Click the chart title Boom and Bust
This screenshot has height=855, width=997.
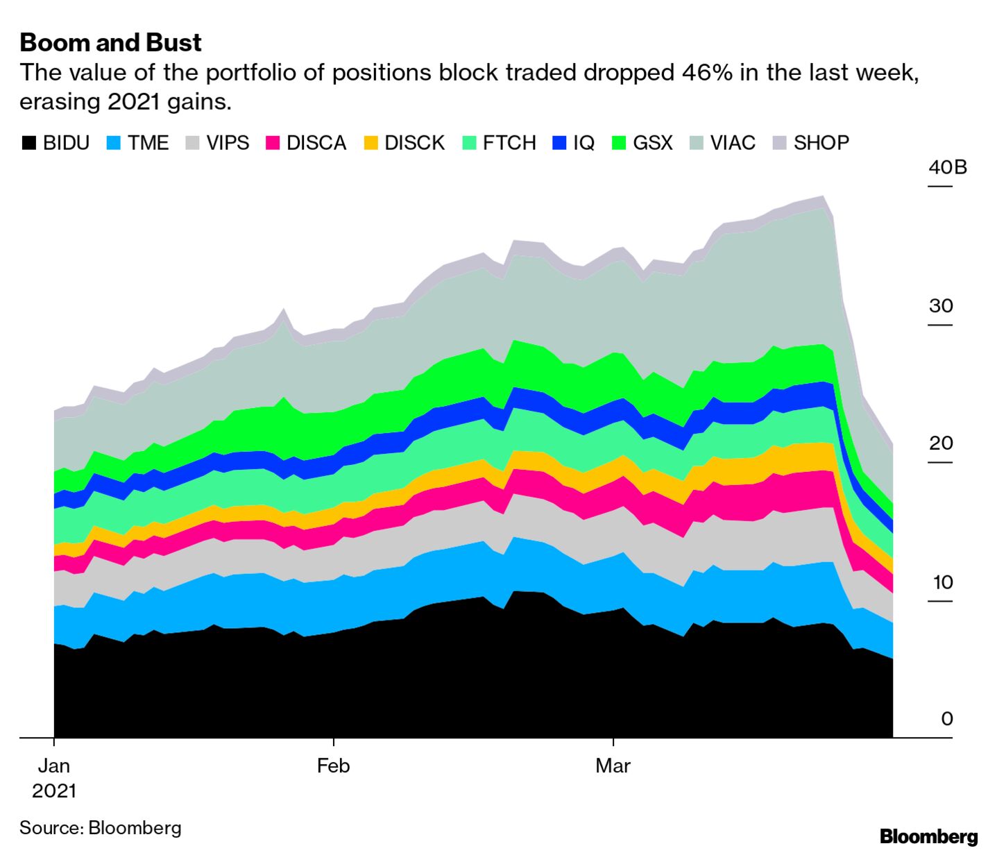(110, 43)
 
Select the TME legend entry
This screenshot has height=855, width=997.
(138, 143)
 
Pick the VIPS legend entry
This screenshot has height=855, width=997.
(218, 143)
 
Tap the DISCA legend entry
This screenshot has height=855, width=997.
(307, 143)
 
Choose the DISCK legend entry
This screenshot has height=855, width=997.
(405, 143)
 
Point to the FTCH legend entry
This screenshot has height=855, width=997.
(500, 143)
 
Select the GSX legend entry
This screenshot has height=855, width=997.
(643, 143)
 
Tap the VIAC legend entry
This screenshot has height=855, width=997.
(723, 143)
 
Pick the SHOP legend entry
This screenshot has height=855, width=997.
(811, 143)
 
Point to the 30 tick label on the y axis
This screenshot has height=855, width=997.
(941, 305)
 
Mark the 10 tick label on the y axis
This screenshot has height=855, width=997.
(942, 582)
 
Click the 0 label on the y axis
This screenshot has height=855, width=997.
(947, 718)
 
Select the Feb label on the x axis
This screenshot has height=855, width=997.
(333, 766)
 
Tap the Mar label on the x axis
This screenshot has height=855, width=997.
(613, 766)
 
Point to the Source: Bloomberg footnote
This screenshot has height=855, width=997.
(101, 828)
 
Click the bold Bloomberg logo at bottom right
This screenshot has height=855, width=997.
(928, 837)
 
